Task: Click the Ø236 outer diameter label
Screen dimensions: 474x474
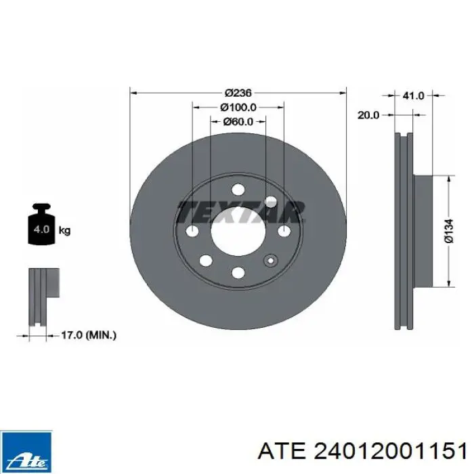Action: pos(238,92)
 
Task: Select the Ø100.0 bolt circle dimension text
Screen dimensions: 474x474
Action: pos(238,107)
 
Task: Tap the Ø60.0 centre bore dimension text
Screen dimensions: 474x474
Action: pos(238,122)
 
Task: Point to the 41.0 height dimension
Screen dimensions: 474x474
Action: pos(413,96)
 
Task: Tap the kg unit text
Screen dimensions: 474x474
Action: pos(65,231)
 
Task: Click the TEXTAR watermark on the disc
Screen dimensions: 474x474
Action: pos(240,211)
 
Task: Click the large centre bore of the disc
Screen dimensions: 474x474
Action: pos(238,232)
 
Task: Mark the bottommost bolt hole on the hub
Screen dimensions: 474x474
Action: pos(238,272)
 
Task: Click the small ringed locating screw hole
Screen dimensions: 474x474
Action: pos(271,261)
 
